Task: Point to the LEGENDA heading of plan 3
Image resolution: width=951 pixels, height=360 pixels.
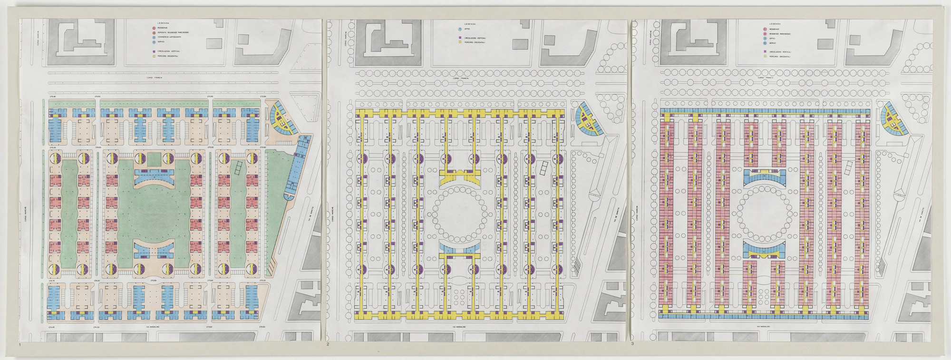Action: (775, 23)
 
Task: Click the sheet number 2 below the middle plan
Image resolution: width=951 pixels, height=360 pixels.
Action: (328, 344)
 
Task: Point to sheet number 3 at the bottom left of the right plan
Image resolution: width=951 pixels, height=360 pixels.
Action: (632, 344)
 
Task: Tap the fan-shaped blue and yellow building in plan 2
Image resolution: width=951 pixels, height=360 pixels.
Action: (586, 120)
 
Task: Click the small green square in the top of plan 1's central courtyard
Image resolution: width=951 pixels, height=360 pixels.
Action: (155, 160)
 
